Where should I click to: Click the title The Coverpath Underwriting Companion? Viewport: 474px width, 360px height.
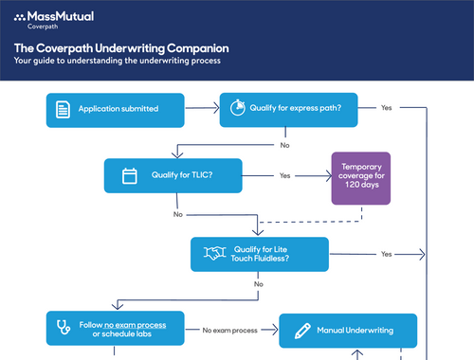120,47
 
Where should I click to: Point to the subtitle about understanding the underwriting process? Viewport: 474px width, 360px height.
117,61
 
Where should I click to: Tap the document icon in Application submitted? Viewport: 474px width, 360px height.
63,109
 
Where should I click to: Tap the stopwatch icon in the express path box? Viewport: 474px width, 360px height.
237,109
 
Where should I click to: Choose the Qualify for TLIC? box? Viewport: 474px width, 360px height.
173,175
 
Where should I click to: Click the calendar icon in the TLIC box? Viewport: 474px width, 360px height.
130,175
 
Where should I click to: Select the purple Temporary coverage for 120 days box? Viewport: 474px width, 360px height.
360,178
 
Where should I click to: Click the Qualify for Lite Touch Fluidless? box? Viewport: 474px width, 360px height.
260,253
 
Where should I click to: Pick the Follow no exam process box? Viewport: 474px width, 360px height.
116,329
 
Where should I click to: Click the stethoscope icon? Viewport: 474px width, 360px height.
64,329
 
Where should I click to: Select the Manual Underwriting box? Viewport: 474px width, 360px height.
347,331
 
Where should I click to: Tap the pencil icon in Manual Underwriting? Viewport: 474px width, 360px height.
302,331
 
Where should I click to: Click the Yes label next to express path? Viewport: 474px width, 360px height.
386,108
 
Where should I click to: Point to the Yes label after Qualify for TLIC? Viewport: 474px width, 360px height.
285,175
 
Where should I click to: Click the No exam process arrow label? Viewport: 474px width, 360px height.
230,331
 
